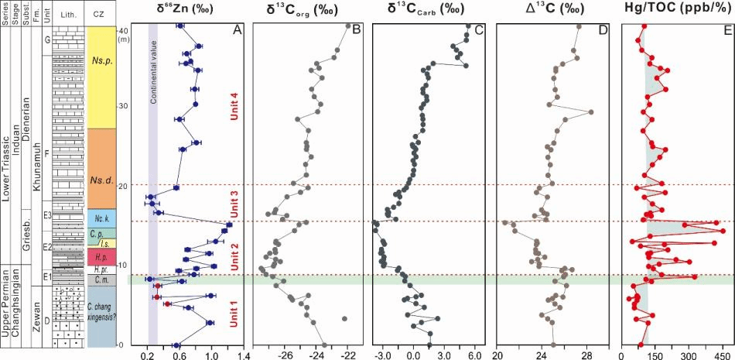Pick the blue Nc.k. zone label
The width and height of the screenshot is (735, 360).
[101, 218]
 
